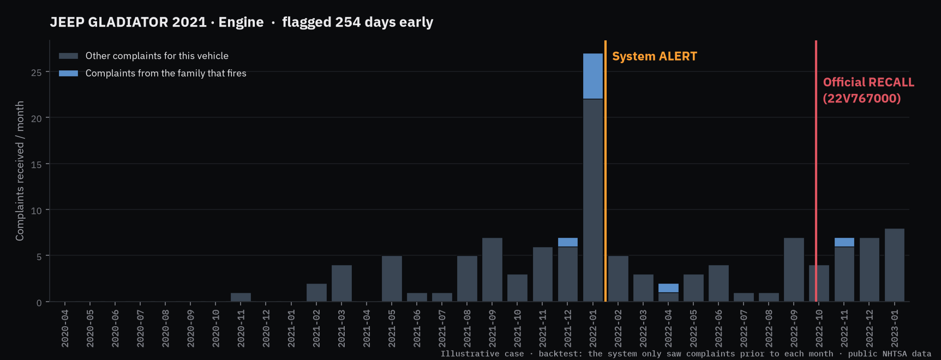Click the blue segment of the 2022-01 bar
[593, 76]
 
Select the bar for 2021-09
[492, 269]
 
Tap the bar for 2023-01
[895, 265]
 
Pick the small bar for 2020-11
[241, 297]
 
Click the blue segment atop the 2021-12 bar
[568, 242]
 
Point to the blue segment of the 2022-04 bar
[668, 288]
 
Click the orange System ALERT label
[655, 56]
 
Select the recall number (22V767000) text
[862, 98]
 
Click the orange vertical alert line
[606, 171]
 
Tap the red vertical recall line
[816, 171]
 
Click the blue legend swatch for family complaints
[68, 73]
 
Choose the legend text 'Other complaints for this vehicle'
[157, 56]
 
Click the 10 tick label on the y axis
[37, 211]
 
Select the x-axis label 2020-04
[65, 328]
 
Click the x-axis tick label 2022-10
[819, 328]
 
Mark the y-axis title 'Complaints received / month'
[20, 171]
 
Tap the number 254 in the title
[348, 22]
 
